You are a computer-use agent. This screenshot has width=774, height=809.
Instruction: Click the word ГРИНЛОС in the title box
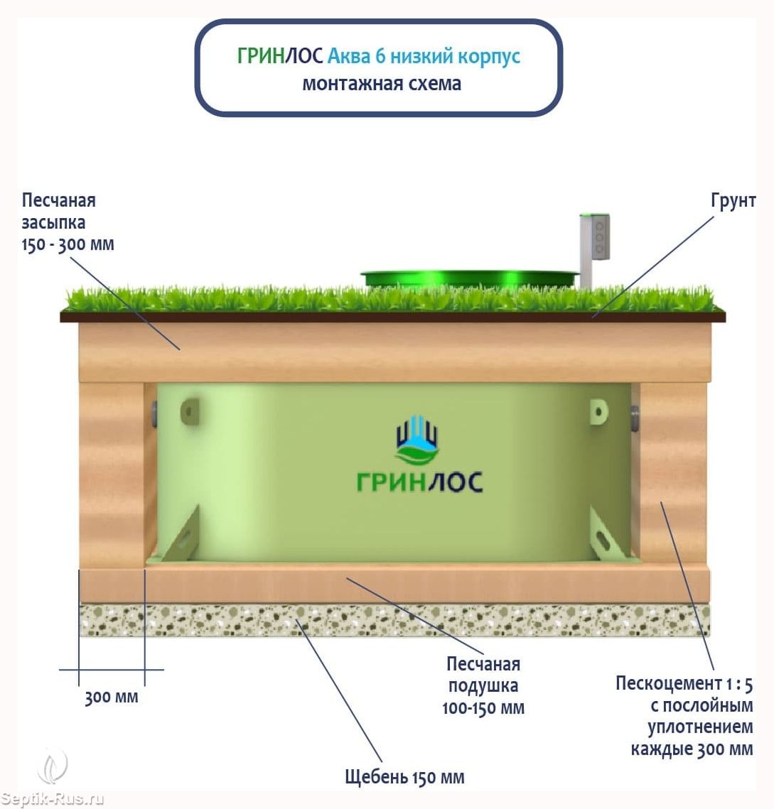coord(280,56)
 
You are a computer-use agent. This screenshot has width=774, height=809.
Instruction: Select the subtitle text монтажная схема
coord(382,84)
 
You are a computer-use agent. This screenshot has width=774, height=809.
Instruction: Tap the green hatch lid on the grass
coord(469,278)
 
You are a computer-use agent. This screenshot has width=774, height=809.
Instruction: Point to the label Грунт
coord(733,201)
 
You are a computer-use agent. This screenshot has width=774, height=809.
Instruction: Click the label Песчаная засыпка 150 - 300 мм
coord(67,222)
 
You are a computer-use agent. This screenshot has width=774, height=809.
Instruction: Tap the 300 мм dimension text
coord(112,697)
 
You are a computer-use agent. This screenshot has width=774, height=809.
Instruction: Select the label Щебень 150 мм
coord(404,777)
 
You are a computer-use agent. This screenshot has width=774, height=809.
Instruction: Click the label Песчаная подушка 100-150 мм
coord(483,686)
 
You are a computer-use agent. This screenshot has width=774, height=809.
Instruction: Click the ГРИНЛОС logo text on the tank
coord(419,482)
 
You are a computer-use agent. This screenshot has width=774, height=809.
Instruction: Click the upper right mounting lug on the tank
coord(599,411)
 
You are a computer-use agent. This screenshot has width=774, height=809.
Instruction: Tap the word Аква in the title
coord(350,56)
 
